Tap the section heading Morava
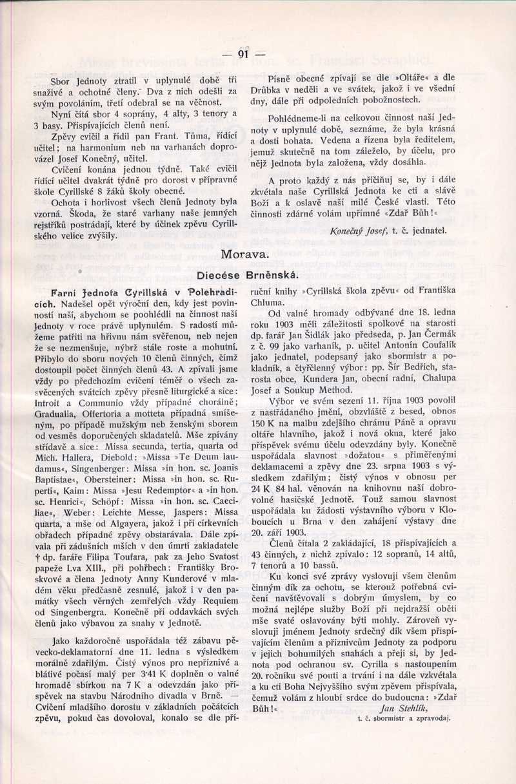tap(244, 255)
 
